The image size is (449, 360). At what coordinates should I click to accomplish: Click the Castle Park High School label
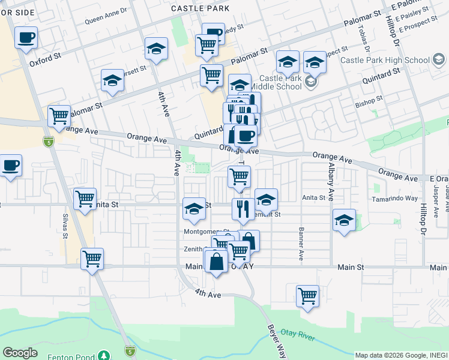point(384,60)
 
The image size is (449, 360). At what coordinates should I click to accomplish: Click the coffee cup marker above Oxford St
point(26,38)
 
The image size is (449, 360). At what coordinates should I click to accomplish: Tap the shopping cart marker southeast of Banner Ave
point(307,296)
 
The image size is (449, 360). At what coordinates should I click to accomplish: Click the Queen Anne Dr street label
point(106,19)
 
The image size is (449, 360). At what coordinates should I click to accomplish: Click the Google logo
point(20,353)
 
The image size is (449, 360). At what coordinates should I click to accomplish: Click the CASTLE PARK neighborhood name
point(200,8)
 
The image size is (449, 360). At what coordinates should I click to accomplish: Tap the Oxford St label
point(46,61)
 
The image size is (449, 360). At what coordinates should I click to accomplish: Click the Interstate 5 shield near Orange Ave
point(49,142)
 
